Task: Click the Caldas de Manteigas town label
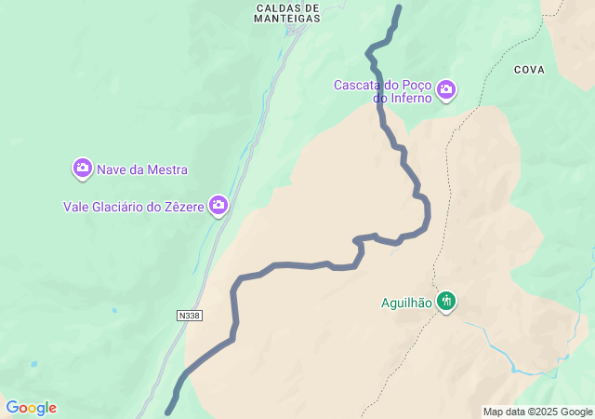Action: (287, 11)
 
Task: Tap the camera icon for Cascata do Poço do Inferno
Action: (447, 89)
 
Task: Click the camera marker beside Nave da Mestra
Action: (82, 169)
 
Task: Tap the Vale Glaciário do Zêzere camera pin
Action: (218, 205)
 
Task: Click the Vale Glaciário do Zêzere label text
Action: (133, 207)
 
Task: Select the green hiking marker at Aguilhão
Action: (447, 301)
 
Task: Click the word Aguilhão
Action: (406, 302)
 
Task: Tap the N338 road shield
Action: (189, 316)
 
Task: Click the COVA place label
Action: (528, 70)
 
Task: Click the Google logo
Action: (31, 408)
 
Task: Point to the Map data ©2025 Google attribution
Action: (537, 412)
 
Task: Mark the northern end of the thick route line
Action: (399, 7)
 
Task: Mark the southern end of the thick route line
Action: (168, 412)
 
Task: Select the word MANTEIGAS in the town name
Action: (287, 18)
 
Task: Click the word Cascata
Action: (358, 85)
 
